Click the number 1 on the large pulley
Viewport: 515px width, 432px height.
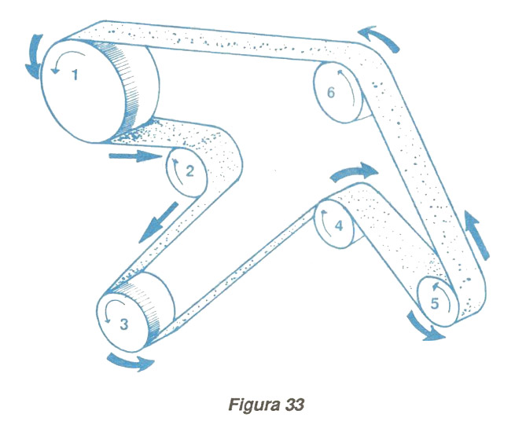click(x=75, y=76)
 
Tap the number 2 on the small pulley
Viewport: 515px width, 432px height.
click(x=189, y=168)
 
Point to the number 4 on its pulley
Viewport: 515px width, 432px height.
click(x=339, y=226)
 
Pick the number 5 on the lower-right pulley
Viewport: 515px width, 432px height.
click(x=436, y=302)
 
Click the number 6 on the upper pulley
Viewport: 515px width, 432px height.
click(x=331, y=93)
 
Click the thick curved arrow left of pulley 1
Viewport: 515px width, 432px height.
click(x=32, y=57)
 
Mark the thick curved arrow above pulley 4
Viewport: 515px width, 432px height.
click(x=355, y=171)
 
